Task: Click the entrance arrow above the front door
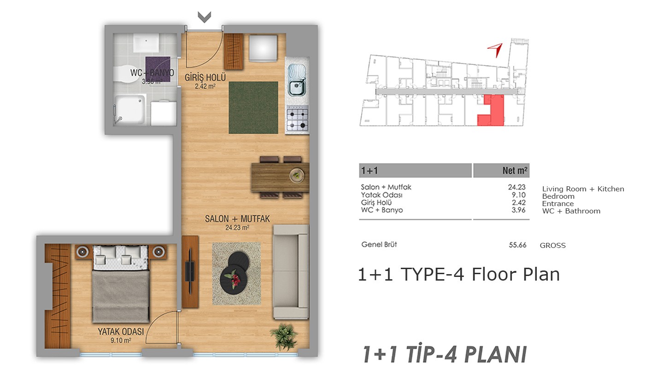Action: [205, 17]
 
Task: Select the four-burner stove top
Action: [298, 119]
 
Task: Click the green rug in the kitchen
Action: [253, 108]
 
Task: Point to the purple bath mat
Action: [158, 69]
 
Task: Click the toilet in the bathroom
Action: [124, 75]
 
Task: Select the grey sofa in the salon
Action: [291, 272]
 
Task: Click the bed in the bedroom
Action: [121, 284]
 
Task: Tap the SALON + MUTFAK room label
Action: [237, 219]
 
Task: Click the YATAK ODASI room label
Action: [121, 332]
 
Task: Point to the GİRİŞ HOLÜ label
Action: [205, 77]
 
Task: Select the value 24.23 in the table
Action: [516, 187]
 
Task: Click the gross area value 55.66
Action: [517, 245]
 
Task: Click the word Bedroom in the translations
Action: [558, 196]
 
